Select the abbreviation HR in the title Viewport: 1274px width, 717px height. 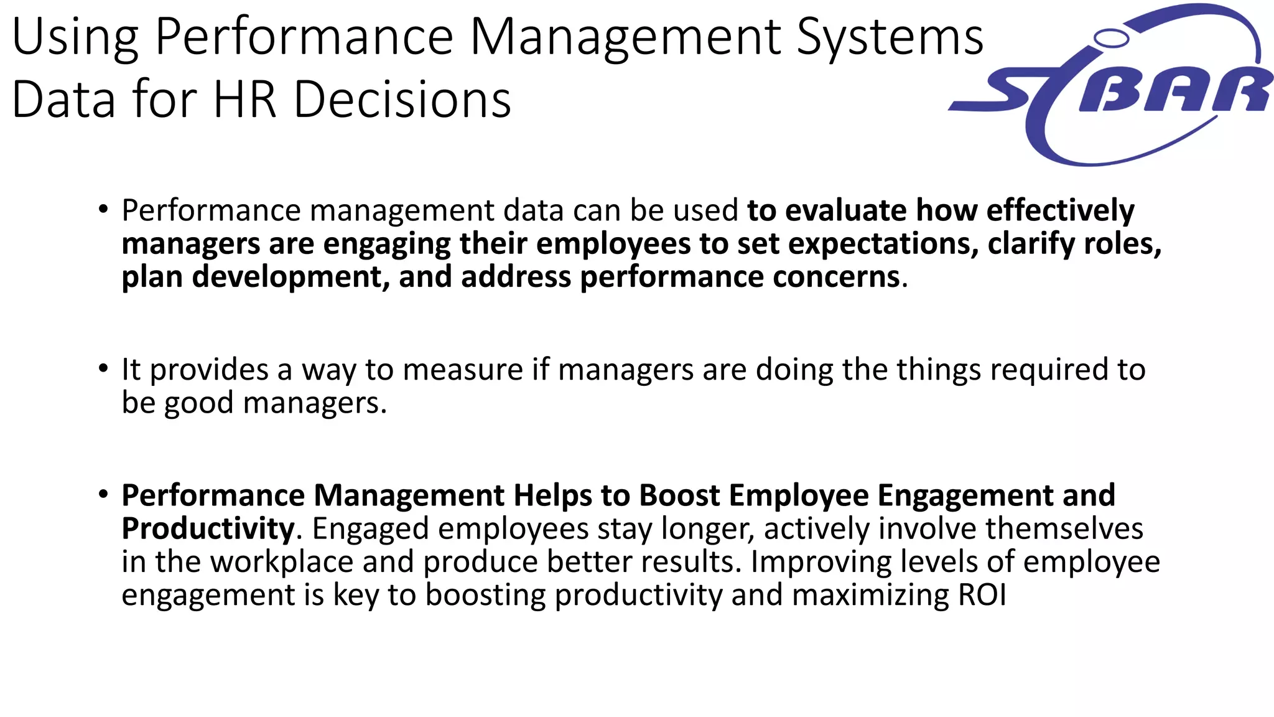pos(244,100)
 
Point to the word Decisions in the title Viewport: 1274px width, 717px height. pos(402,100)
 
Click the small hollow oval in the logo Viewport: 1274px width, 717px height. pos(1111,39)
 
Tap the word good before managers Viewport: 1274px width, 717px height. pos(198,403)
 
